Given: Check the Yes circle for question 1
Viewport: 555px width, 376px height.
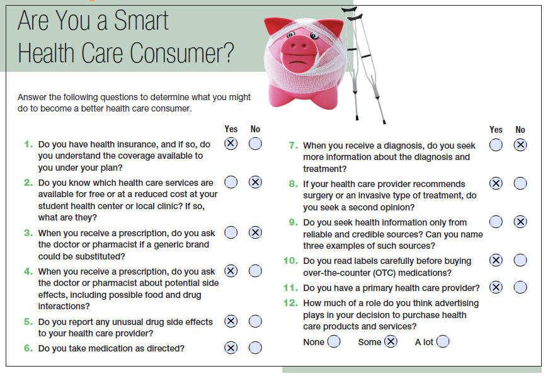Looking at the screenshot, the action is (x=231, y=144).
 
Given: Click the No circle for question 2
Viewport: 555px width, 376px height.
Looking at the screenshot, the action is (x=255, y=182).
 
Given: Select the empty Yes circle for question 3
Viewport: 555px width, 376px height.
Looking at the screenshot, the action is (x=231, y=232).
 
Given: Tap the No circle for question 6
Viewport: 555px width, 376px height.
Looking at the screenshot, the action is (x=255, y=348).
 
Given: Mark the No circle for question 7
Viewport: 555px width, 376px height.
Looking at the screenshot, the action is (x=520, y=145).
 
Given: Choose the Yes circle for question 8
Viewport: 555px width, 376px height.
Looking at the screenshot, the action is (x=496, y=183).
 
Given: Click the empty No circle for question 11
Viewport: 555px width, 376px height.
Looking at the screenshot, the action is (x=520, y=287).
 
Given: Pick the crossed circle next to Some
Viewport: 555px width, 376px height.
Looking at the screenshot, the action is (x=391, y=341).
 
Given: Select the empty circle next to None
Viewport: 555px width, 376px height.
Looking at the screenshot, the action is (x=334, y=341).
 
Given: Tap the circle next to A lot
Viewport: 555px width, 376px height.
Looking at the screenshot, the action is (x=443, y=341).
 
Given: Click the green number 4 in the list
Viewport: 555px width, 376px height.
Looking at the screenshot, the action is (x=28, y=271).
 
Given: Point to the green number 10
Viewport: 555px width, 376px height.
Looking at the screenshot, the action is (x=291, y=261).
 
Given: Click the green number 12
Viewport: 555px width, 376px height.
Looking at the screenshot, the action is (x=291, y=303).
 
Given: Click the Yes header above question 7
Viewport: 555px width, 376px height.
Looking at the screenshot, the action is (x=496, y=130).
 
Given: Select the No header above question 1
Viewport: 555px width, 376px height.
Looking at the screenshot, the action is (x=255, y=129).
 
